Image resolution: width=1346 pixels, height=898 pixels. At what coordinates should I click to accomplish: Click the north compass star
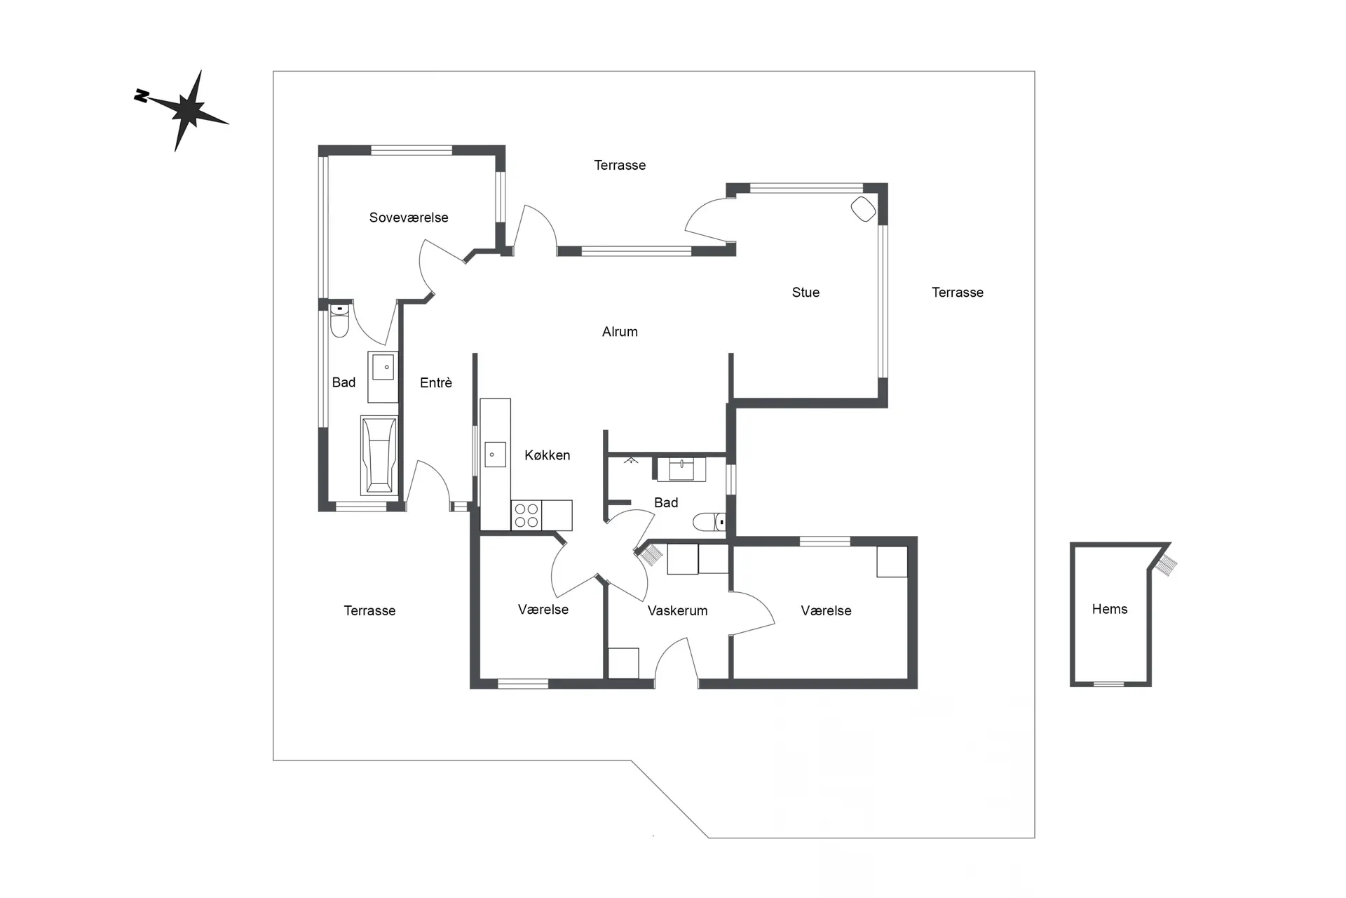point(184,110)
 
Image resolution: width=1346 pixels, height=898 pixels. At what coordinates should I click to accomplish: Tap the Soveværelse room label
point(409,217)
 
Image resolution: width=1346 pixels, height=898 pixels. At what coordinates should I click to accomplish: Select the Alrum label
point(620,332)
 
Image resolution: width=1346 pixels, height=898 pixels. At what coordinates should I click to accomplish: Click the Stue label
point(805,293)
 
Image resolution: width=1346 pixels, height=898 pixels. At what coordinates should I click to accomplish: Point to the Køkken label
point(548,455)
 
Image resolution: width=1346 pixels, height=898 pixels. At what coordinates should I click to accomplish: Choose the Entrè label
point(436,382)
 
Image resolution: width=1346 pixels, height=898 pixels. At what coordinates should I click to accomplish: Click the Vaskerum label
point(677,611)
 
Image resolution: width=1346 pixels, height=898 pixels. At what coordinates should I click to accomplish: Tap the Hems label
point(1110,609)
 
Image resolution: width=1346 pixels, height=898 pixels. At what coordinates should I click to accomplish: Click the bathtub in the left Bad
point(379,455)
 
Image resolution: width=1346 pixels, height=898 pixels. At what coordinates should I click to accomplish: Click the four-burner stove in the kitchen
point(526,515)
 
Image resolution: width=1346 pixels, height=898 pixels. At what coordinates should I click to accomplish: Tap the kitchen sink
point(495,455)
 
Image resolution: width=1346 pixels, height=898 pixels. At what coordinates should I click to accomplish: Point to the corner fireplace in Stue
point(864,209)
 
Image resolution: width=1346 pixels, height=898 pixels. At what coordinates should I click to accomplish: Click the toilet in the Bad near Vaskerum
point(709,522)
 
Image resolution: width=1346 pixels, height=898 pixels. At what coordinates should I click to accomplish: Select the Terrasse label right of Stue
point(958,293)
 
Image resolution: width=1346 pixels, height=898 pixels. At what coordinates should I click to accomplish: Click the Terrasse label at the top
point(620,166)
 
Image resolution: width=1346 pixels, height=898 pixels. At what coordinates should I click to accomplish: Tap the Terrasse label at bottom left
point(369,611)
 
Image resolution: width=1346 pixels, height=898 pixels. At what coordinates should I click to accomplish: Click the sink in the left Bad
point(383,366)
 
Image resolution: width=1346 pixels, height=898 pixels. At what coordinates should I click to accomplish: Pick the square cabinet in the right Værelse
point(892,561)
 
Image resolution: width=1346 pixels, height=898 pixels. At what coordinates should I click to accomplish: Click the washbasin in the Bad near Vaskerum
point(681,469)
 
